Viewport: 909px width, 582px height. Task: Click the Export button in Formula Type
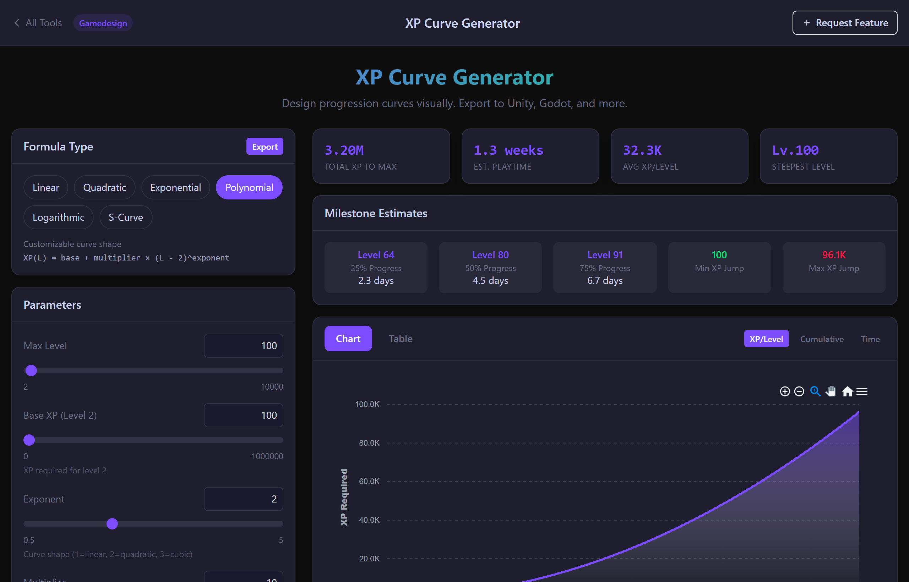click(x=265, y=147)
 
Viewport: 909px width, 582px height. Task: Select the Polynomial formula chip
click(x=249, y=187)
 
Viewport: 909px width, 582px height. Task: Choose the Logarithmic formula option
click(x=58, y=217)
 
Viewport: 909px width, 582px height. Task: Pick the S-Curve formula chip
click(x=126, y=217)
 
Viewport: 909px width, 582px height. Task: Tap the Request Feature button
click(x=844, y=23)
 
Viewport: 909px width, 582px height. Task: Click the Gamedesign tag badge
click(x=103, y=23)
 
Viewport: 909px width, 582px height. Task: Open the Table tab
click(x=401, y=339)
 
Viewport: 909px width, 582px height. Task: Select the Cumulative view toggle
click(x=822, y=339)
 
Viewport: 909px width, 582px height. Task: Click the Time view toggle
click(x=870, y=339)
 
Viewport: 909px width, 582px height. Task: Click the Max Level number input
click(x=243, y=346)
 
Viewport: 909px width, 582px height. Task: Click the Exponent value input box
click(x=243, y=499)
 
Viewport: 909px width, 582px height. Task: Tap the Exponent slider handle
click(x=112, y=524)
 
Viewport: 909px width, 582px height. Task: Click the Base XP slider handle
click(x=29, y=440)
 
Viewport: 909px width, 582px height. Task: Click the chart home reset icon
click(x=847, y=391)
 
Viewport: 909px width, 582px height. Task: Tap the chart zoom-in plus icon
click(x=785, y=391)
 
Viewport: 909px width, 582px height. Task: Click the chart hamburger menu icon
click(x=862, y=391)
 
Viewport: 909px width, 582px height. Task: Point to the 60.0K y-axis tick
click(x=369, y=482)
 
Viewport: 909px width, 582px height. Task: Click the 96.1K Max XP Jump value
click(x=833, y=255)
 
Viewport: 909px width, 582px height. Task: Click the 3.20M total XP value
click(x=344, y=150)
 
